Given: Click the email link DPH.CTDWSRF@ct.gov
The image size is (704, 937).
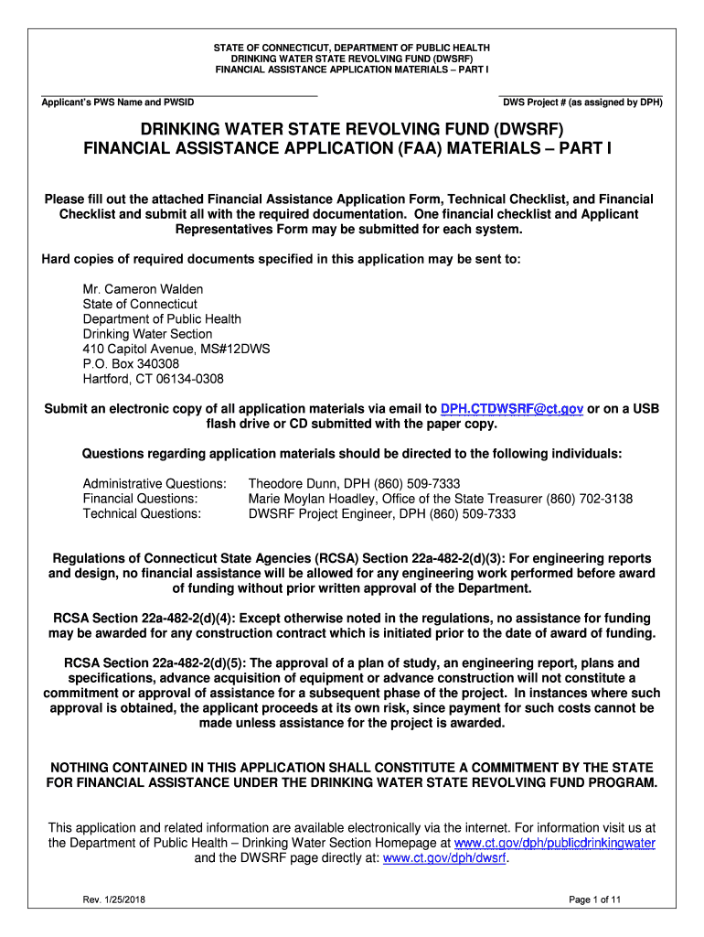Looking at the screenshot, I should (x=512, y=408).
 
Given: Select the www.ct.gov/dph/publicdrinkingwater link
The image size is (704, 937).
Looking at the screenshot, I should (x=555, y=842).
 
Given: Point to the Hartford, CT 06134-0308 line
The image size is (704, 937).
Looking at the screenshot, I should (x=153, y=378).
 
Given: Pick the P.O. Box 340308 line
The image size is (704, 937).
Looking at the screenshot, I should (x=131, y=363).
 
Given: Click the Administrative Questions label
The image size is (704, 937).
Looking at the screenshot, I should (x=155, y=483).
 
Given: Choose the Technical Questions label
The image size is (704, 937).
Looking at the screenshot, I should (x=142, y=514).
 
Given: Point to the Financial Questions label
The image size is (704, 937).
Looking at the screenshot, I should (x=140, y=499).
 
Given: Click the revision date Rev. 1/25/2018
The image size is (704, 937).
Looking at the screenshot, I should (x=113, y=900).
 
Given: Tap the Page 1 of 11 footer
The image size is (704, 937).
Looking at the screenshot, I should (x=594, y=900).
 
